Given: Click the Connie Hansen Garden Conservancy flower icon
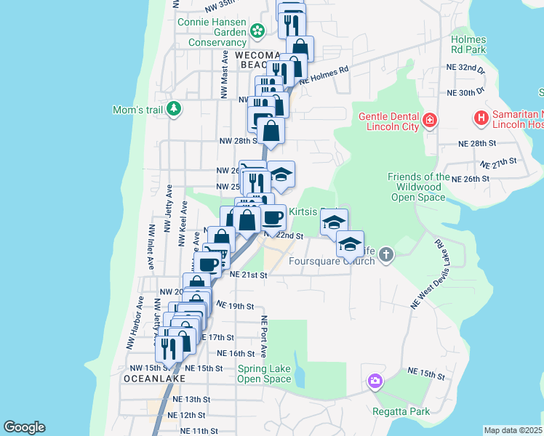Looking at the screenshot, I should (257, 31).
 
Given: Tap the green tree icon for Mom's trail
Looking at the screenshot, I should (173, 109).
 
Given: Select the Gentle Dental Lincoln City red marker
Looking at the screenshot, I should (430, 118).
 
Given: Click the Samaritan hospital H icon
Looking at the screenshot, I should (480, 117).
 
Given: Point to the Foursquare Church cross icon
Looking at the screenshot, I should (385, 254).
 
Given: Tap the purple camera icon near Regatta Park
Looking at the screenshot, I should (375, 381).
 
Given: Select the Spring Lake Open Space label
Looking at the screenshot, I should (264, 374).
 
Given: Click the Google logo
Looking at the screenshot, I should (23, 427).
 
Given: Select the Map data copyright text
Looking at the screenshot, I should (513, 430).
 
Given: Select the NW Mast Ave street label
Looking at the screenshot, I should (225, 74).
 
